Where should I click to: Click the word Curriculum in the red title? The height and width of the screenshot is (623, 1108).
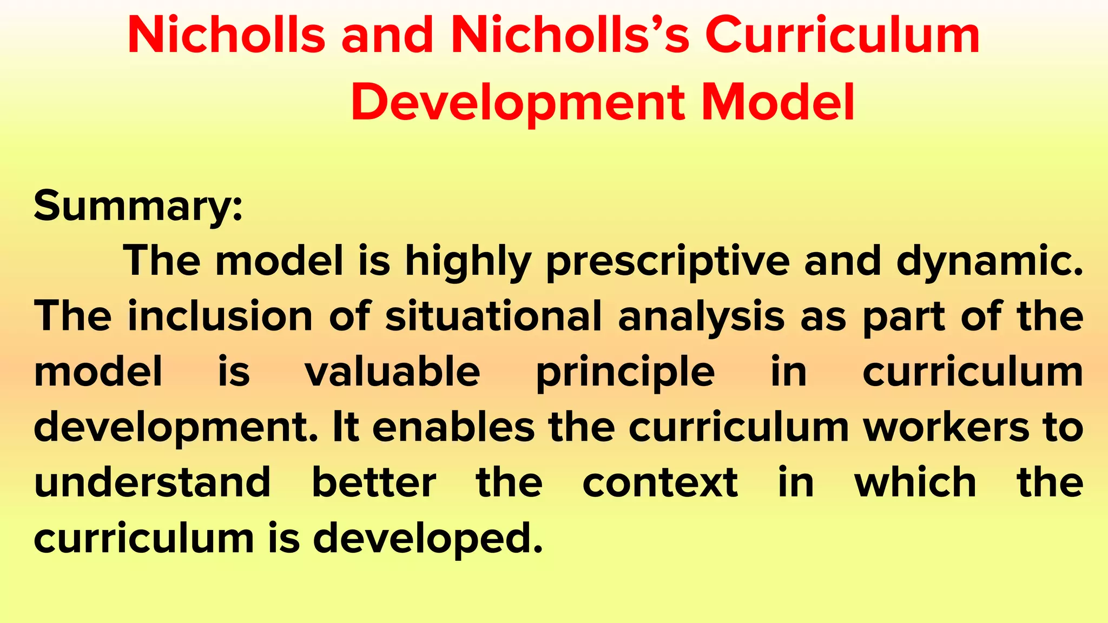pos(842,36)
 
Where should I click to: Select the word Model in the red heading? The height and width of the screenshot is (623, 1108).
pos(778,102)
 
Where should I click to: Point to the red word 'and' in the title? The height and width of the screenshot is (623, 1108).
pos(387,36)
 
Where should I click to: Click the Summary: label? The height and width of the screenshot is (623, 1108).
pos(138,206)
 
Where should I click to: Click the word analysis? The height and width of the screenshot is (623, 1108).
pos(701,317)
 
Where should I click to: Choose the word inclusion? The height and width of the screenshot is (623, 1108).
pos(220,317)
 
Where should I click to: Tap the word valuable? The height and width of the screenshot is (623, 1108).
pos(392,372)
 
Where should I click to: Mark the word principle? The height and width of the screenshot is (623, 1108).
pos(625,373)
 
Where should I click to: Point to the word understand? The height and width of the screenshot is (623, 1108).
pos(152,482)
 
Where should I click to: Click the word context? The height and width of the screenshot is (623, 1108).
pos(660,482)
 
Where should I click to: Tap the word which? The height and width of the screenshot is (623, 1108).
pos(915,482)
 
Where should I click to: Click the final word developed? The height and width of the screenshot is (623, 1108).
pos(428,539)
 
